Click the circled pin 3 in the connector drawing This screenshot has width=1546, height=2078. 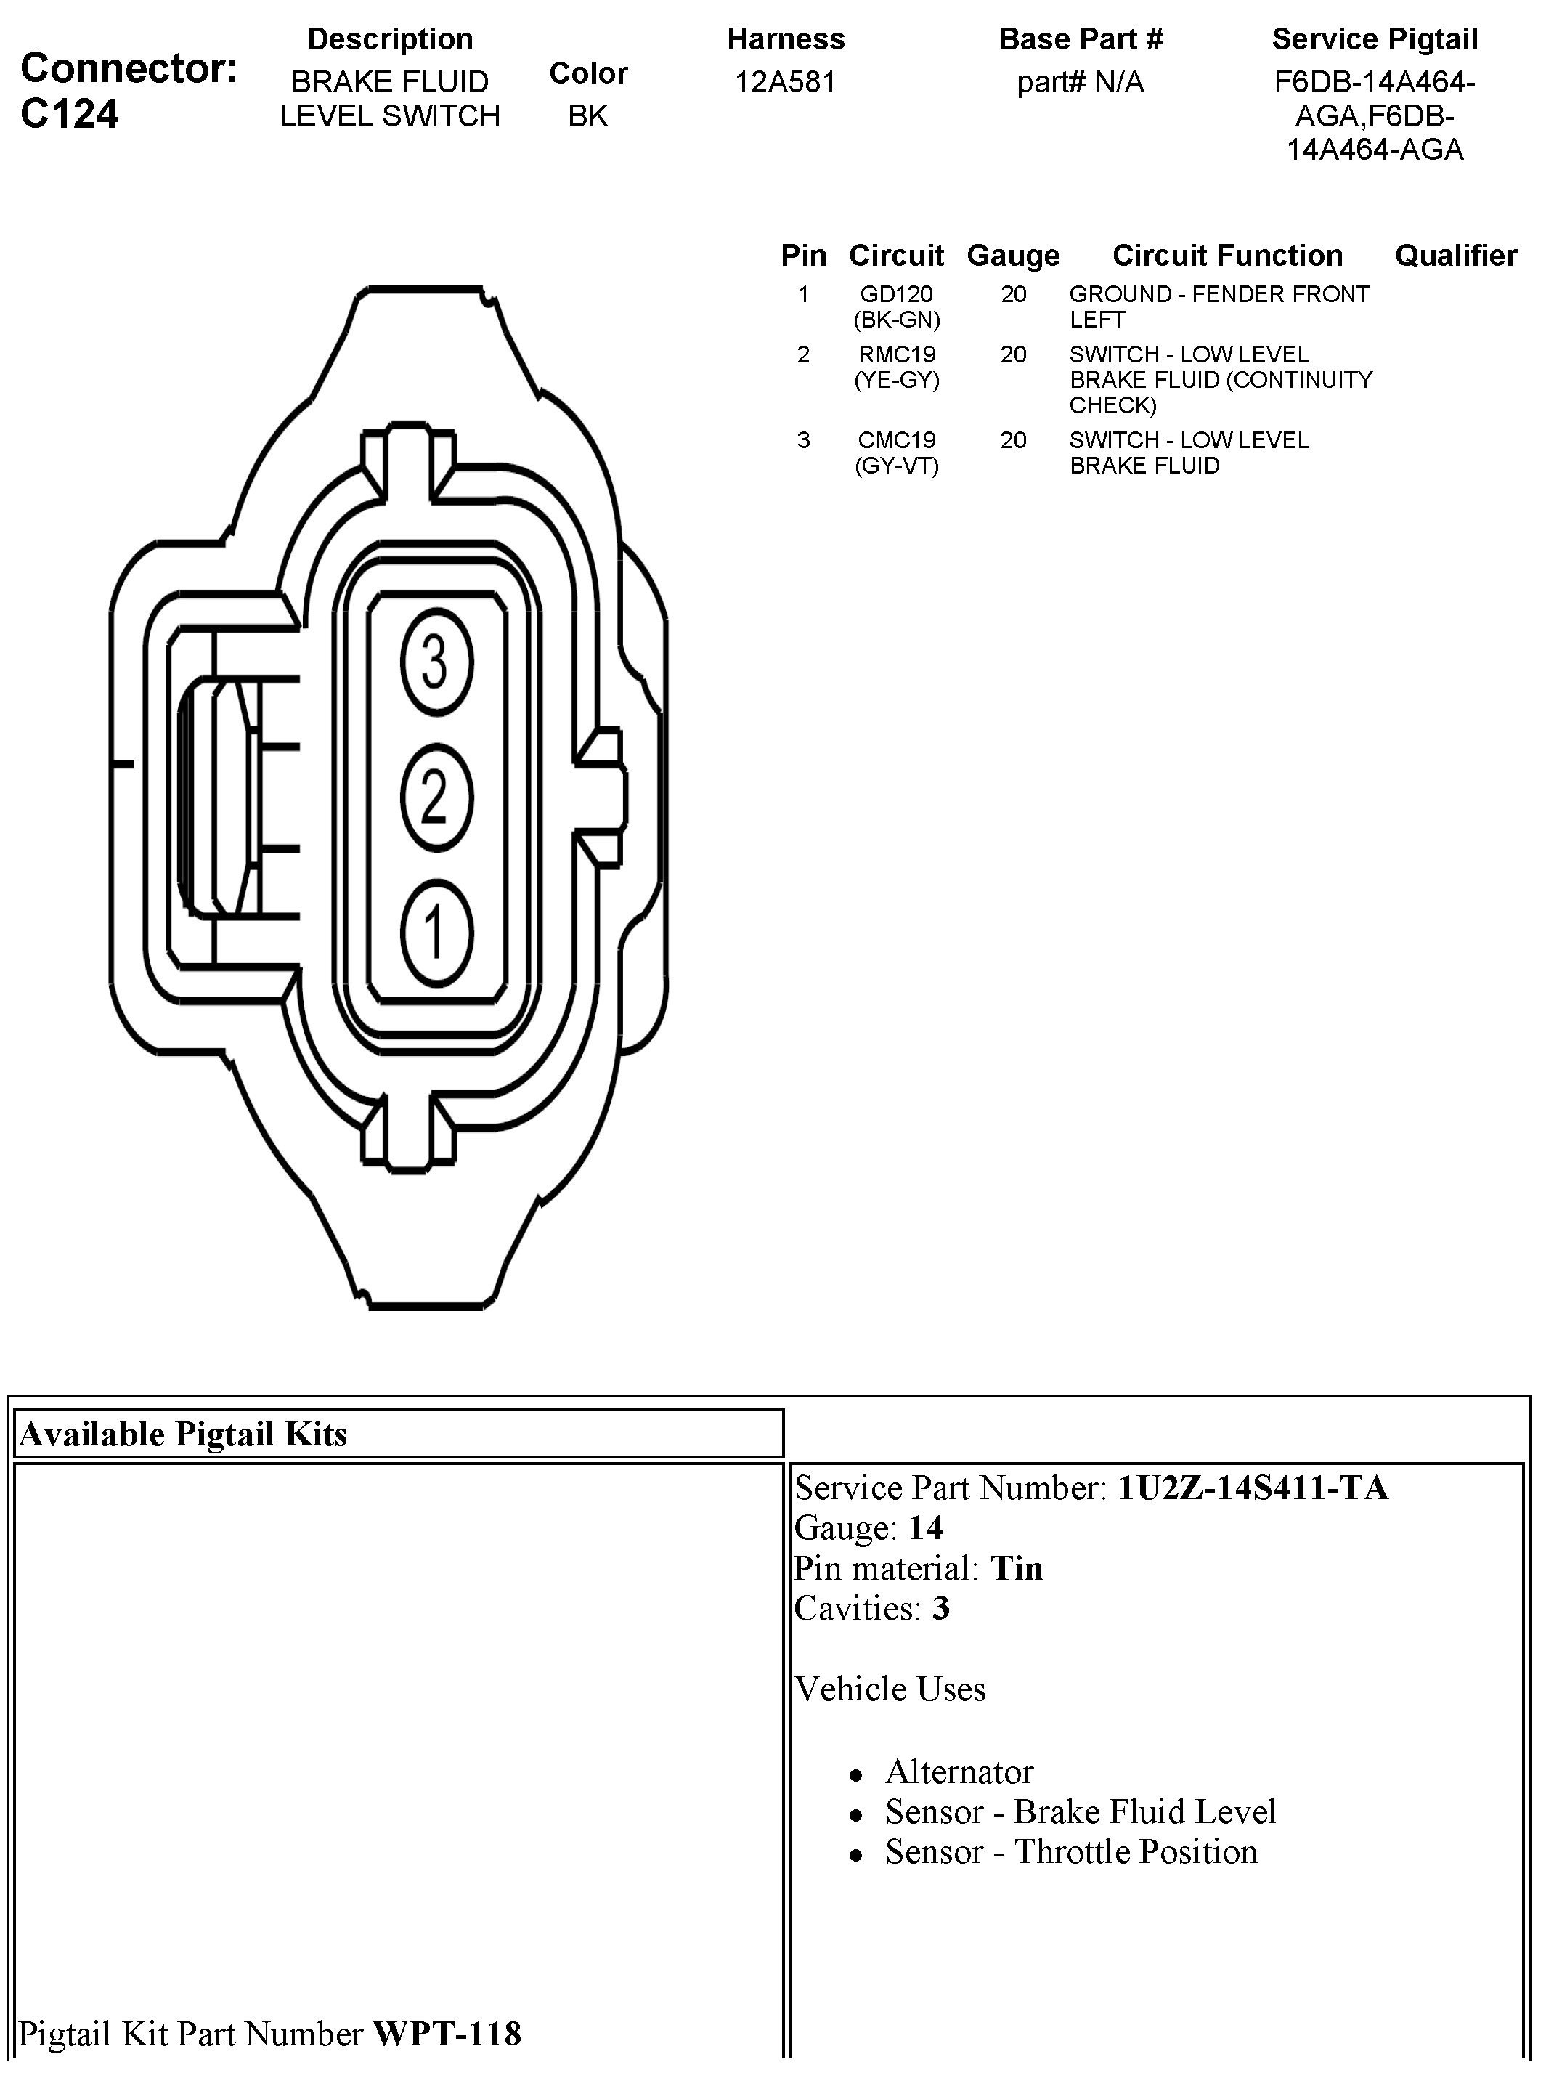(436, 662)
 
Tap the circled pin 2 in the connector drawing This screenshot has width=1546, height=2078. (436, 798)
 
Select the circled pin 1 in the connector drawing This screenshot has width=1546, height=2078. (436, 933)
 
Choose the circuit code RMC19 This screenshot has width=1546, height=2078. (897, 354)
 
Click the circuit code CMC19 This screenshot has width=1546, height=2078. (897, 440)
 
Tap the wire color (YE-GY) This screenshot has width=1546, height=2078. (897, 380)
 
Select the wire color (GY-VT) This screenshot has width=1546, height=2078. (897, 466)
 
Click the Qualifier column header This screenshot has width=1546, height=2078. (1455, 256)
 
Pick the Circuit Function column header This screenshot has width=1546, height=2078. (1227, 256)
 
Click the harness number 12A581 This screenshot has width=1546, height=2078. (785, 82)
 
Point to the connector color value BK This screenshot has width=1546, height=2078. (587, 116)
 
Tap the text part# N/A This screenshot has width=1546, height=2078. (1080, 82)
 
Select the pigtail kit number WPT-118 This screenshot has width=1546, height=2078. (447, 2034)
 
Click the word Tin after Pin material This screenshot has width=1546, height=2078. (1017, 1568)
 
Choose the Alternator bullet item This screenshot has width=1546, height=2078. (959, 1772)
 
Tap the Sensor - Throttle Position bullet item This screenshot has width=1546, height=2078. (1070, 1852)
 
